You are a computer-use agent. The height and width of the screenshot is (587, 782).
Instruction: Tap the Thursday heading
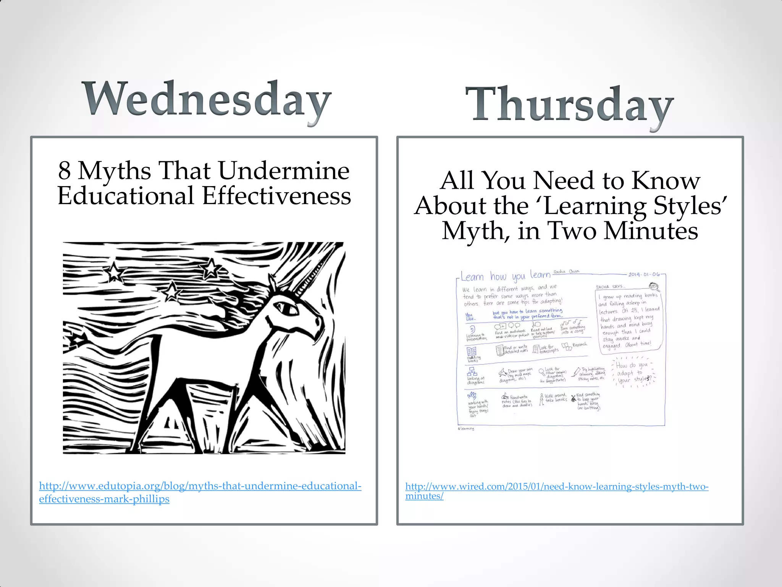pos(569,105)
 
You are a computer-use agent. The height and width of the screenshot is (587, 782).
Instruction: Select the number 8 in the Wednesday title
pos(65,170)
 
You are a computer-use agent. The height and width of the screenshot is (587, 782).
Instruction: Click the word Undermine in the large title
pos(284,170)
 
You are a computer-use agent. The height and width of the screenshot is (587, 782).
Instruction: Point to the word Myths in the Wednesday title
pos(115,170)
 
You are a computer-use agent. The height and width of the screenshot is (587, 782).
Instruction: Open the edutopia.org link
pos(200,492)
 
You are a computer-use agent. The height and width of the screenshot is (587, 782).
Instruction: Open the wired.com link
pos(556,491)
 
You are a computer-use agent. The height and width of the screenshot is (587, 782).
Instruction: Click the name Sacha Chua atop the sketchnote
pos(566,271)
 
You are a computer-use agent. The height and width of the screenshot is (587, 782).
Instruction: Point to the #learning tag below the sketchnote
pos(466,428)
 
